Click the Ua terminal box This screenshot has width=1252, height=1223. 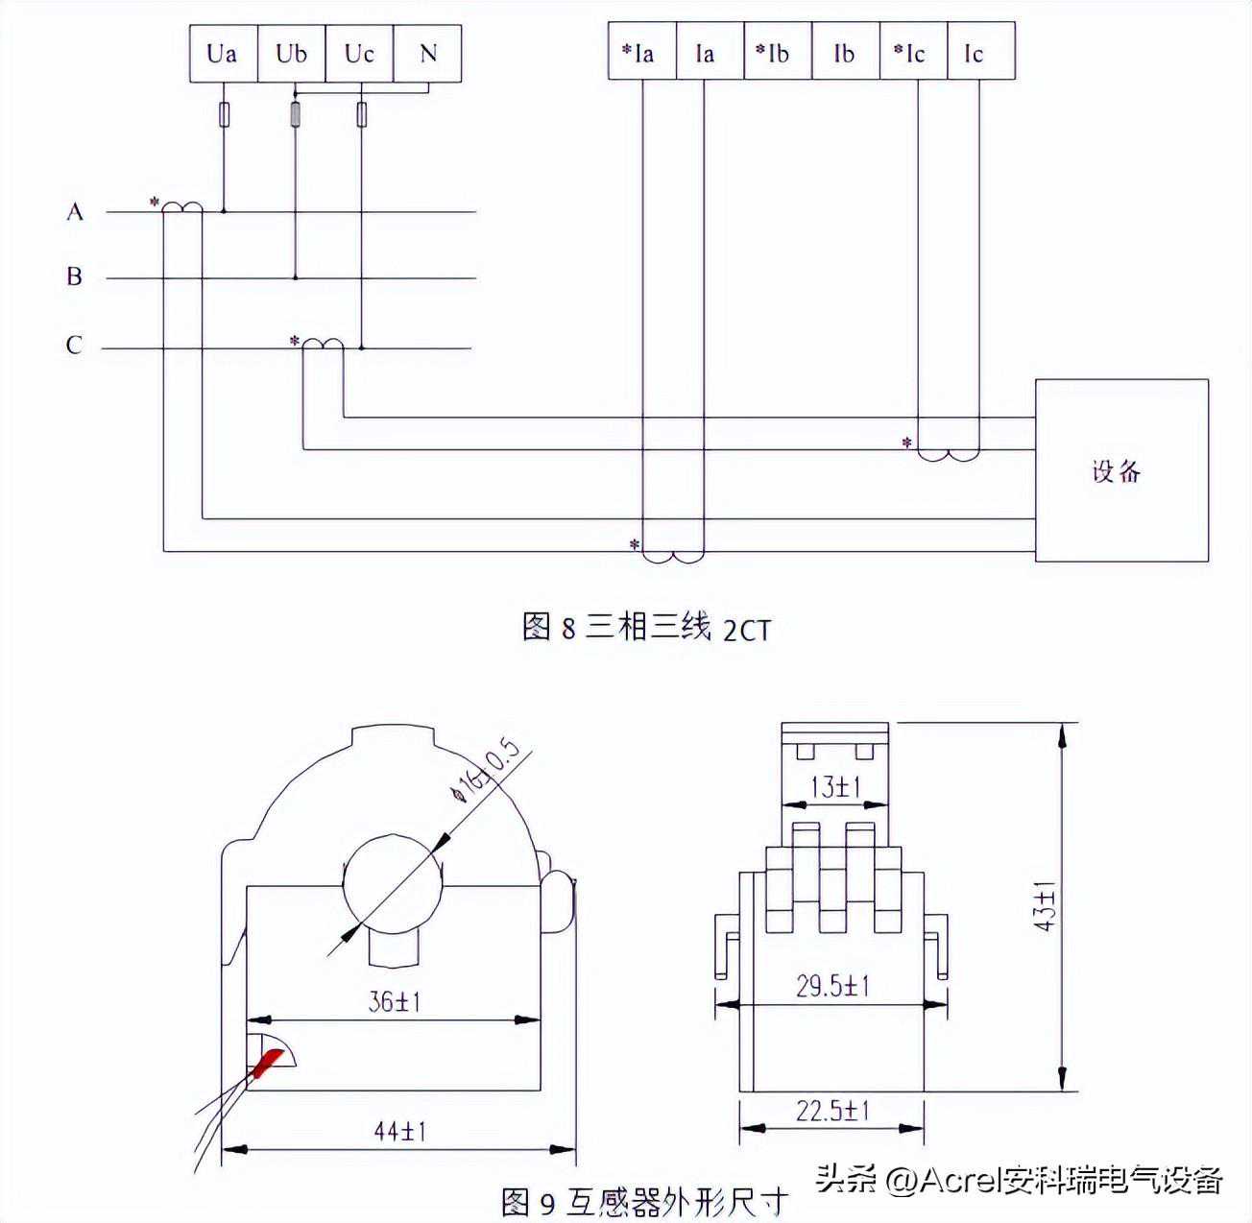(223, 54)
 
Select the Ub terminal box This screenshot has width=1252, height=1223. (291, 54)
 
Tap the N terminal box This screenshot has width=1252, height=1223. (428, 54)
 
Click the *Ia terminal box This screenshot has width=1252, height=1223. (641, 53)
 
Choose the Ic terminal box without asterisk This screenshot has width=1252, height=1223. (980, 53)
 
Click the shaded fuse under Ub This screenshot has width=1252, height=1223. (295, 115)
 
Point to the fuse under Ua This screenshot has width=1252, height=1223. (224, 115)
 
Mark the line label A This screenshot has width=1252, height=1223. (75, 211)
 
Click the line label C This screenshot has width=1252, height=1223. (74, 345)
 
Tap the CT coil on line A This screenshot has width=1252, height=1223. (181, 207)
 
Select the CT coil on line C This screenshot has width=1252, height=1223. (323, 344)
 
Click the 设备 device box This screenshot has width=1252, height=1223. (1120, 470)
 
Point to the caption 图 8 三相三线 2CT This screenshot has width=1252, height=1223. (646, 628)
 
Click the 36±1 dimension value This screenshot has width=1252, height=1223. (395, 1001)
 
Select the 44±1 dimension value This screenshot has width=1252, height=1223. (399, 1131)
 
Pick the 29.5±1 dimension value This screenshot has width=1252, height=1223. (831, 986)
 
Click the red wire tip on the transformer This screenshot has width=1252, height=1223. (267, 1062)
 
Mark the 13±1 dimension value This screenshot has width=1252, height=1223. (834, 787)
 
